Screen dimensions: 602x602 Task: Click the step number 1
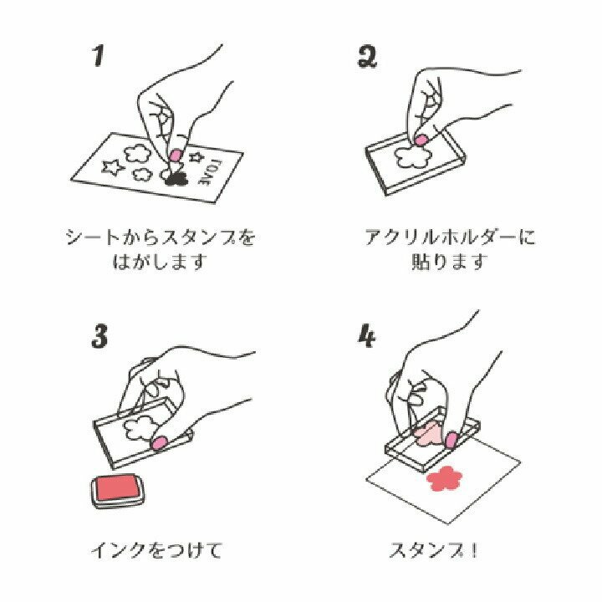click(99, 56)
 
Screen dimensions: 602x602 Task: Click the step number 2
click(367, 57)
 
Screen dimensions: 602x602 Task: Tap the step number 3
click(99, 336)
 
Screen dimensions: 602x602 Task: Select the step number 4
click(367, 336)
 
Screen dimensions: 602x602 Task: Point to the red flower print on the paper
click(445, 478)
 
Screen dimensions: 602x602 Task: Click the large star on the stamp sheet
click(113, 168)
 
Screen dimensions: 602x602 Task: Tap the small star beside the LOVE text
click(196, 156)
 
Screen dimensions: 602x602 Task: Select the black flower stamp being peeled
click(176, 178)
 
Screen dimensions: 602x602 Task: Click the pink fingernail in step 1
click(176, 155)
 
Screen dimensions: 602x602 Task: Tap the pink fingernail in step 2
click(421, 140)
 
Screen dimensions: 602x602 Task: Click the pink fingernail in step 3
click(159, 442)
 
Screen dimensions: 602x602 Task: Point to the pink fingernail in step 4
click(451, 440)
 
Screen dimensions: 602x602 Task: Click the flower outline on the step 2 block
click(414, 156)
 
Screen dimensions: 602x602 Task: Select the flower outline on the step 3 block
click(140, 431)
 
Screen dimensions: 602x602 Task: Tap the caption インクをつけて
click(156, 550)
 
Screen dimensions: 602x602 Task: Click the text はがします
click(160, 262)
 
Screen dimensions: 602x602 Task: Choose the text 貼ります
click(450, 262)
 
